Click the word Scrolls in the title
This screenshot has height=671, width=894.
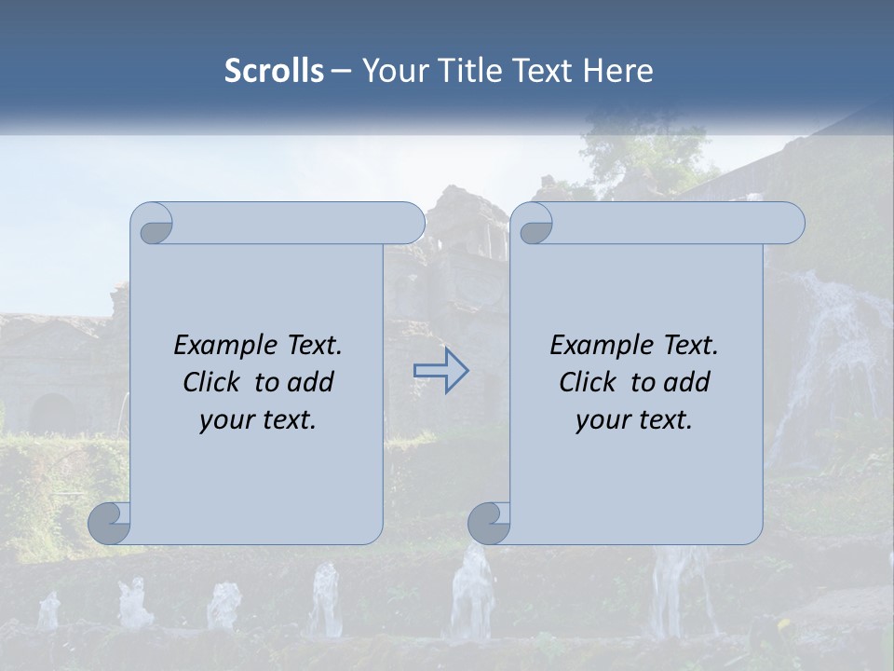pos(274,71)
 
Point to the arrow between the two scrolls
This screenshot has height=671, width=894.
pos(440,370)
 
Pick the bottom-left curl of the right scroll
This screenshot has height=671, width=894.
pos(490,524)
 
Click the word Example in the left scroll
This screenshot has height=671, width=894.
pos(217,346)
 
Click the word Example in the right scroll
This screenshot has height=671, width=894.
pos(593,346)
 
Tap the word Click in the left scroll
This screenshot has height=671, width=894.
pos(210,382)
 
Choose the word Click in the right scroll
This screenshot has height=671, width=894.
pos(587,382)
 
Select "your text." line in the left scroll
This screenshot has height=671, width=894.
pos(258,420)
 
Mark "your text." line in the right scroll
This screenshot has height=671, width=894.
pos(634,420)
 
